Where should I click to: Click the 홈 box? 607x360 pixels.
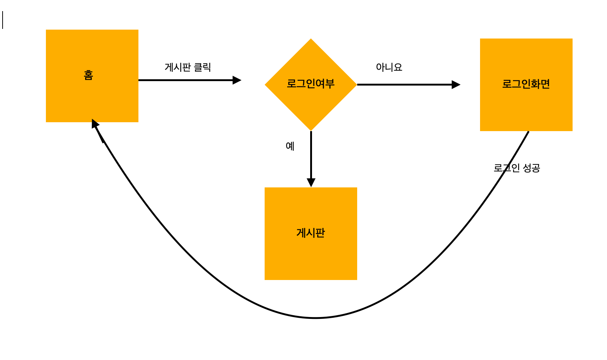92,96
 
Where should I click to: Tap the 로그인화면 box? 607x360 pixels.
526,107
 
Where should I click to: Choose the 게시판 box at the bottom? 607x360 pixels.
311,256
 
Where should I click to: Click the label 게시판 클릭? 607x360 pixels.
188,67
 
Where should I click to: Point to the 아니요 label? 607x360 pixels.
389,67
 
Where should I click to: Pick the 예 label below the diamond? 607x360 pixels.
290,146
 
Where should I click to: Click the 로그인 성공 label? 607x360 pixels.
517,168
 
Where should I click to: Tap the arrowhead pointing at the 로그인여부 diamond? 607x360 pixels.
237,80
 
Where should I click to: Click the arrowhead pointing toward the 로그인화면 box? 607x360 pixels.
456,84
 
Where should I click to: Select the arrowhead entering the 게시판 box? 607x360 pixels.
311,183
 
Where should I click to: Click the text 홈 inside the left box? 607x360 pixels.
88,75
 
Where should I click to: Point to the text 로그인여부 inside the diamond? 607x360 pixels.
311,84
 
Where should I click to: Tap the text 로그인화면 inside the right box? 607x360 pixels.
526,84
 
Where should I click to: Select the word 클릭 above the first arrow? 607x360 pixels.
202,67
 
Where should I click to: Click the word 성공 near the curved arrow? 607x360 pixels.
531,168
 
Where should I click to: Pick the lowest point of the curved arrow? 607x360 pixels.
315,318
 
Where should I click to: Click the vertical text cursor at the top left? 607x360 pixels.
3,20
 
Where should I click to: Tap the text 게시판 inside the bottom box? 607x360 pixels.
311,233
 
